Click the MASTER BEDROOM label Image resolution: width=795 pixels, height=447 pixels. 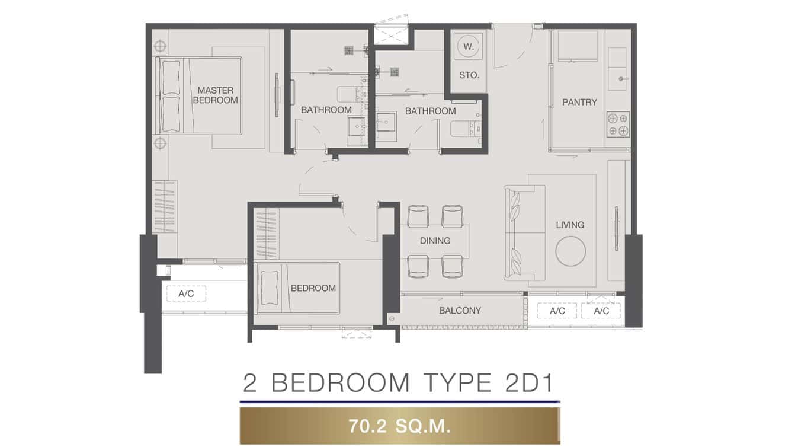215,95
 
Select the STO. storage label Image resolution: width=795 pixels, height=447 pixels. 469,75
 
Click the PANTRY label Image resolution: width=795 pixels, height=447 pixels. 579,102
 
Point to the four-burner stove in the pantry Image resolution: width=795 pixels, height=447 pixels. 618,124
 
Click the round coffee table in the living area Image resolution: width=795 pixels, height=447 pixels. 570,251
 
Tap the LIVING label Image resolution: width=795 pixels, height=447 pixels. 570,225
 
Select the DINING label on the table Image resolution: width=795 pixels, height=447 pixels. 435,241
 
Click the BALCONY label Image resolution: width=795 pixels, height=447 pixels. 460,310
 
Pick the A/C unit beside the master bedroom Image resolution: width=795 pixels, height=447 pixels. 186,293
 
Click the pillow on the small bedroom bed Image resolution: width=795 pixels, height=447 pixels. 268,288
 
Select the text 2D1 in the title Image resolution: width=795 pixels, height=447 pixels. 522,384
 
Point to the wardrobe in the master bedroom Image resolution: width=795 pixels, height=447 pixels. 165,207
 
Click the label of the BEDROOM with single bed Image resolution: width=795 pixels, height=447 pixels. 313,288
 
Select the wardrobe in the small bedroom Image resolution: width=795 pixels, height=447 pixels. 266,234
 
